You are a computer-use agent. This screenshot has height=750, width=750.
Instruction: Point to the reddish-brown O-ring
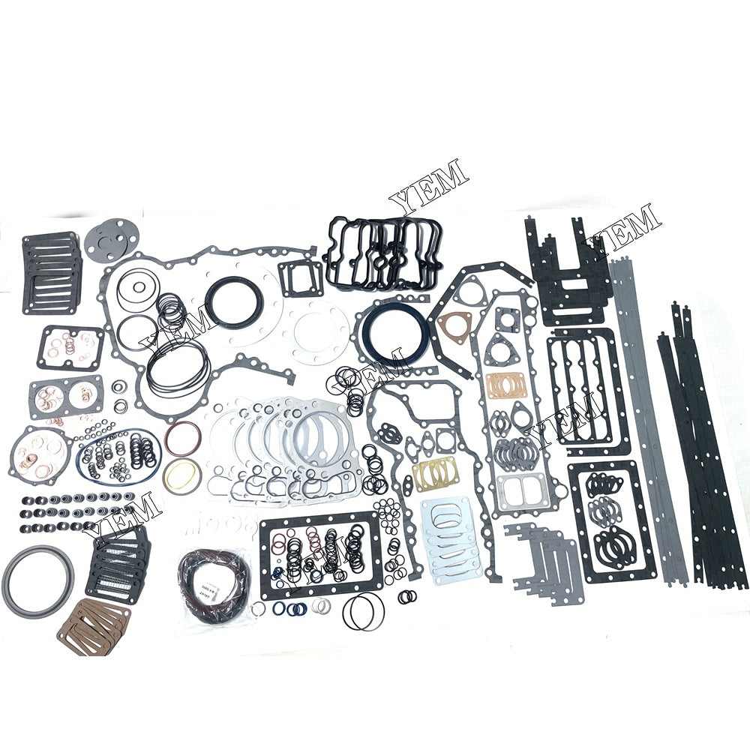click(183, 439)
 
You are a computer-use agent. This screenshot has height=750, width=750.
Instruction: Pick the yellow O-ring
click(183, 474)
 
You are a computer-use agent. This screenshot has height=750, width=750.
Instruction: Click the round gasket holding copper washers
click(39, 454)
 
